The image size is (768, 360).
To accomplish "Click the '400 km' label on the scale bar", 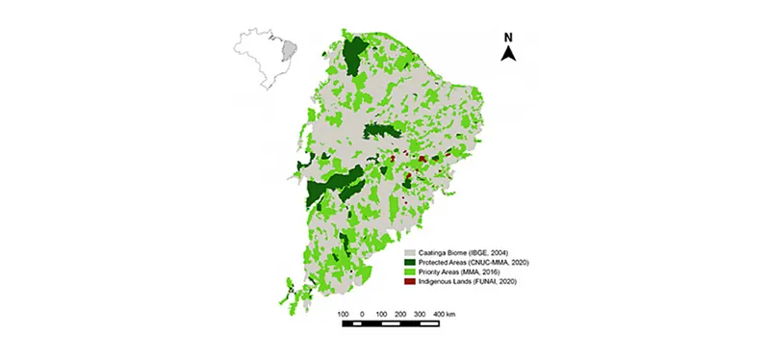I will [x=443, y=314].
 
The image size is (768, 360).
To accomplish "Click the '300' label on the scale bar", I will [x=420, y=314].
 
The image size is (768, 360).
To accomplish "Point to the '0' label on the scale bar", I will [x=362, y=314].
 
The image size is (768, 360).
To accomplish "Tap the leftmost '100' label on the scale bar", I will [x=342, y=314].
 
